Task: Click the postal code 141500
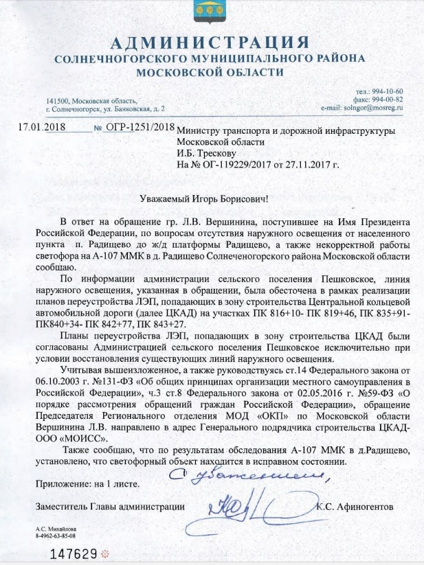58,101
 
